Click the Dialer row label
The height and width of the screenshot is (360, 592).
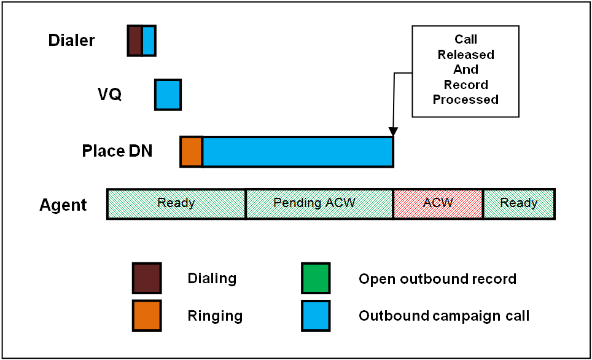tap(71, 41)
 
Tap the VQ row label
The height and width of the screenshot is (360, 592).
tap(109, 94)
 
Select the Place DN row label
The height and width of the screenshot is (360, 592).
tap(117, 151)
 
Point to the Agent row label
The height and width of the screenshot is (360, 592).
tap(63, 205)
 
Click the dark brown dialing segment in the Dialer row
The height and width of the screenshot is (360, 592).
tap(134, 41)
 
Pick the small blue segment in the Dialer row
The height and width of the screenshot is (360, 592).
tap(149, 41)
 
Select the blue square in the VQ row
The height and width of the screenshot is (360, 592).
tap(168, 95)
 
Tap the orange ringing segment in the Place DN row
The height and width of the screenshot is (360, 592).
tap(192, 152)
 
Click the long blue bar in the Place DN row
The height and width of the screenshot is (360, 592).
tap(298, 152)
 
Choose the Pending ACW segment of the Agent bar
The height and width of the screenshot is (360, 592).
tap(319, 204)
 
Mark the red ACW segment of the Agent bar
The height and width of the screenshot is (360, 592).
tap(438, 204)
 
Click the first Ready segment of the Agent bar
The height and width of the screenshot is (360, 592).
tap(176, 204)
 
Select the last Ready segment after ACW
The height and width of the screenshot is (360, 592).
tap(519, 204)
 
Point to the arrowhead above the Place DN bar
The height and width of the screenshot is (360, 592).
tap(393, 131)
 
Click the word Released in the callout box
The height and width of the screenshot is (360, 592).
tap(466, 55)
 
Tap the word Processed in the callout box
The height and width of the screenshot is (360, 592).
tap(465, 100)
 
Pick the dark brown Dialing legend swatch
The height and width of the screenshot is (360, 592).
tap(147, 278)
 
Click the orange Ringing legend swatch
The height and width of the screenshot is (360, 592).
tap(147, 316)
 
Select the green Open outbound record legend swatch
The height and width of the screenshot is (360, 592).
tap(316, 278)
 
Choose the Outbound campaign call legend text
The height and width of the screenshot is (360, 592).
tap(444, 316)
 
